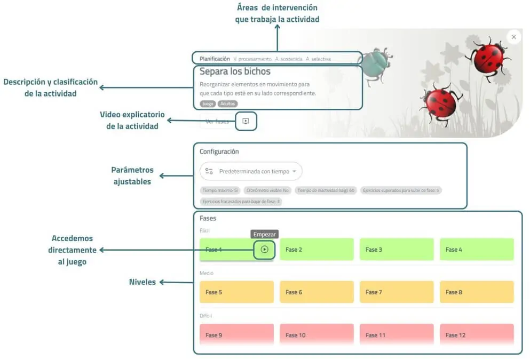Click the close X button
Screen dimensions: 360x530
513,37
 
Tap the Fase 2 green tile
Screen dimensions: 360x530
317,250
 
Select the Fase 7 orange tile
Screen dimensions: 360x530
397,292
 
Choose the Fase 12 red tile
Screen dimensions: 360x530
477,335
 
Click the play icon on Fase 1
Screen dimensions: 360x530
264,249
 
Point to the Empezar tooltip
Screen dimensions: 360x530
265,235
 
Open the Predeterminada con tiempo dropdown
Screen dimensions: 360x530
251,171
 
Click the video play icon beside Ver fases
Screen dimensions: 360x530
246,121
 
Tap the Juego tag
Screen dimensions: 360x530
207,104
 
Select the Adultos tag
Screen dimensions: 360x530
228,104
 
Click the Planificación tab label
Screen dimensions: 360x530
215,59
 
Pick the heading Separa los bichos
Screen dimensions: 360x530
235,71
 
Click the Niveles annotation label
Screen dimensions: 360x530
143,282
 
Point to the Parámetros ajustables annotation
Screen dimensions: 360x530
132,176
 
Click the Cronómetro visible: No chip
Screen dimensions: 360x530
267,190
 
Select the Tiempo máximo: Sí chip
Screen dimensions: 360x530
220,190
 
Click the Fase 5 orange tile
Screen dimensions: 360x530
236,292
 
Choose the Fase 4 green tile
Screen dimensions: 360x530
477,250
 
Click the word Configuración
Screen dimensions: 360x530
219,151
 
